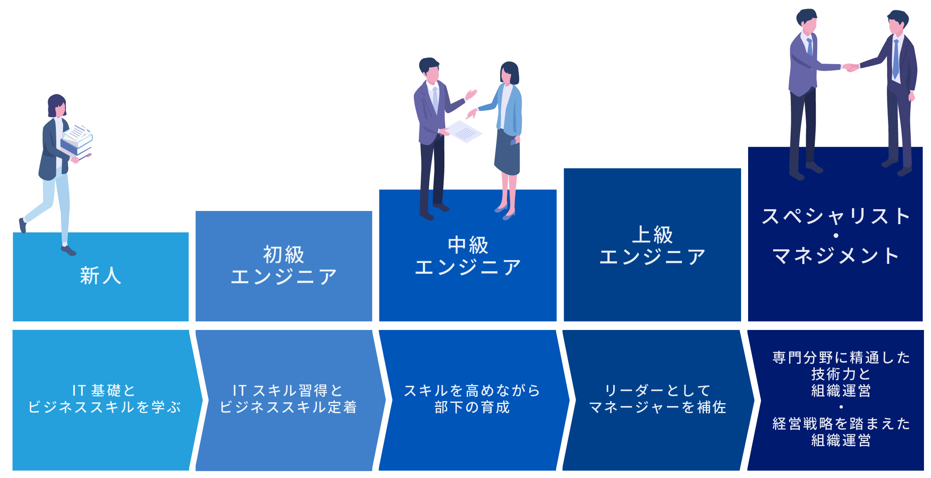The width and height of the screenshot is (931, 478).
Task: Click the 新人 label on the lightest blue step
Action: click(101, 276)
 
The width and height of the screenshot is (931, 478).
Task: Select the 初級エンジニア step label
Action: click(284, 265)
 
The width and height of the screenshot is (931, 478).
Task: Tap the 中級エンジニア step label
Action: click(468, 256)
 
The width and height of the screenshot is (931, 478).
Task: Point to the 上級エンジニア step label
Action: click(653, 246)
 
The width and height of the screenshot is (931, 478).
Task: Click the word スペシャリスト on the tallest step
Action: click(836, 217)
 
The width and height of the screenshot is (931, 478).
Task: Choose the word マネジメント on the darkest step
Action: click(836, 256)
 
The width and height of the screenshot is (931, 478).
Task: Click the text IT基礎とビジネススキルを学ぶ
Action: click(104, 399)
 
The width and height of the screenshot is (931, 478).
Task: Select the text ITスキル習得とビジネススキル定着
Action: click(288, 399)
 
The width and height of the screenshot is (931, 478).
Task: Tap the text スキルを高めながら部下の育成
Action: click(472, 399)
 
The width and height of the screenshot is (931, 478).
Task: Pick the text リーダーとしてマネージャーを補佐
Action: click(657, 399)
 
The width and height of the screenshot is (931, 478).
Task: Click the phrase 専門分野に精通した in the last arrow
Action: click(841, 358)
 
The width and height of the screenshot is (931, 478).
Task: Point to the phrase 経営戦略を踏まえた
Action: click(841, 424)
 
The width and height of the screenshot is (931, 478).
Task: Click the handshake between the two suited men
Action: click(850, 67)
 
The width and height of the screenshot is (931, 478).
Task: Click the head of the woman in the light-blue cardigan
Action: click(509, 73)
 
